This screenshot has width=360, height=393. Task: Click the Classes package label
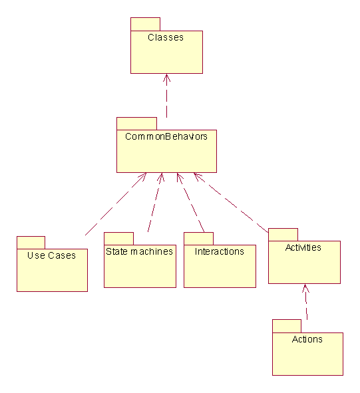(166, 37)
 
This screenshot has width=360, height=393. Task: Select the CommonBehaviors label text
(166, 136)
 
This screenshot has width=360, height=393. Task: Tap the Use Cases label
(51, 255)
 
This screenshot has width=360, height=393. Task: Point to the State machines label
(139, 251)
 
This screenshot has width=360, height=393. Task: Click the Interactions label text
(220, 251)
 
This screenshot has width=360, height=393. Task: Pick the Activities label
(303, 247)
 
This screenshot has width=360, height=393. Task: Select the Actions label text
(307, 339)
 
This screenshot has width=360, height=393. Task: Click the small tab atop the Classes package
(145, 25)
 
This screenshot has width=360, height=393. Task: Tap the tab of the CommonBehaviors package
(136, 124)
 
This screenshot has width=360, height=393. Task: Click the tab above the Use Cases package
(31, 243)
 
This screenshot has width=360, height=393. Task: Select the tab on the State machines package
(118, 239)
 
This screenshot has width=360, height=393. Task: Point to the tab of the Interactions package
(198, 239)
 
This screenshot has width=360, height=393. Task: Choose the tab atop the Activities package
(283, 235)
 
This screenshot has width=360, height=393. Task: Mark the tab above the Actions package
(287, 326)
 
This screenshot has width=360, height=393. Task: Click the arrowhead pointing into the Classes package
(166, 78)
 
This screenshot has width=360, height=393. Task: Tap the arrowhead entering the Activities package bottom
(305, 288)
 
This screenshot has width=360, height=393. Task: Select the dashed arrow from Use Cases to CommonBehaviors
(116, 204)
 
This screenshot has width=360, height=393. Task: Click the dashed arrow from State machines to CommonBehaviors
(155, 202)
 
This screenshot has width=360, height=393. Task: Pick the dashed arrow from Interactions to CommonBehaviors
(191, 203)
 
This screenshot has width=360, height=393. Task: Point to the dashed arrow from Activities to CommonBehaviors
(231, 203)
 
